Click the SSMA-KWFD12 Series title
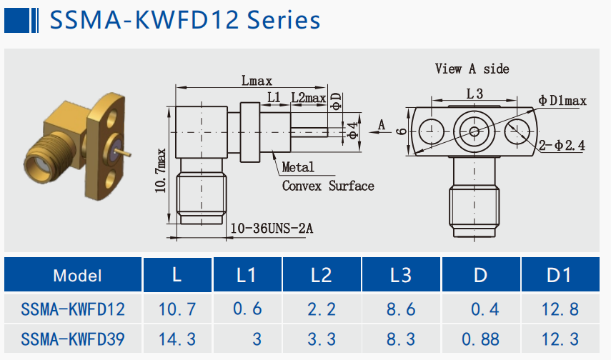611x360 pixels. coord(184,19)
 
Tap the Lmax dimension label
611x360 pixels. coord(257,81)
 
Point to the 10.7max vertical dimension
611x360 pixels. coord(162,172)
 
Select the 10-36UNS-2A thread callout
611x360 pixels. coord(272,229)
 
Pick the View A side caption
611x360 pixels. coord(472,69)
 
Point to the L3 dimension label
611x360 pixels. coord(475,94)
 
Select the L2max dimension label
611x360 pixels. coord(308,97)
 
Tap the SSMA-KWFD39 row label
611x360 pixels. coord(73,336)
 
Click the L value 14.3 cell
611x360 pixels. coord(177,336)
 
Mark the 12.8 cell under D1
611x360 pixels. coord(560,309)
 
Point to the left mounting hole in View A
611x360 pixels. coord(430,131)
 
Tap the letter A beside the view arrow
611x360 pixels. coord(381,126)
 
